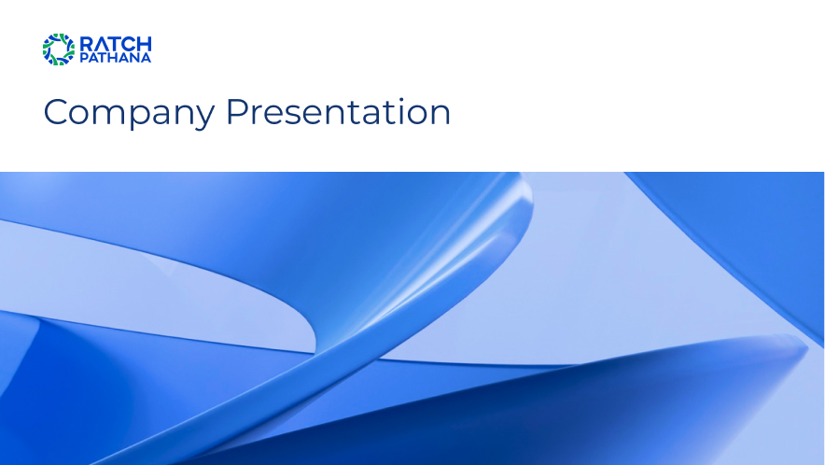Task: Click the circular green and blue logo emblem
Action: (59, 49)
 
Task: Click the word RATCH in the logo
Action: (115, 44)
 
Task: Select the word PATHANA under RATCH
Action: (115, 57)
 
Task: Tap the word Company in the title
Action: (129, 113)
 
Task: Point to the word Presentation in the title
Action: (339, 112)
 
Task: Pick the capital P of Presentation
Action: (236, 112)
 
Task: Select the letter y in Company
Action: (205, 117)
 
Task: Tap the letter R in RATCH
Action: (86, 44)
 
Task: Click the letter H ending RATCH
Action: (144, 44)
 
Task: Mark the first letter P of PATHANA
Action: (83, 57)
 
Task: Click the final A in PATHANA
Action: (147, 57)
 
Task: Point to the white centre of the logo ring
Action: (59, 49)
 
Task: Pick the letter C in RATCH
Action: (130, 44)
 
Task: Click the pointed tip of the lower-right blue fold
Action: (806, 346)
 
